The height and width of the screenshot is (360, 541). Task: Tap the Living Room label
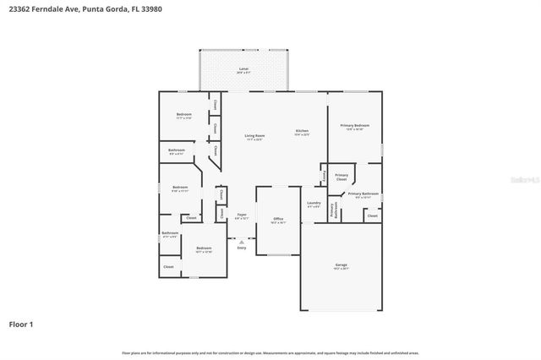point(254,136)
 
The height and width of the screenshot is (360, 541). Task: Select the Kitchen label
point(302,131)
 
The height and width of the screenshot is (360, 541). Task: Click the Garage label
point(341,265)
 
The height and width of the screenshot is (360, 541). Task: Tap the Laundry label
point(313,203)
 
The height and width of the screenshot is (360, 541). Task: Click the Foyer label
point(242,215)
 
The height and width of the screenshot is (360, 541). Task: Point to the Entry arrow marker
point(242,240)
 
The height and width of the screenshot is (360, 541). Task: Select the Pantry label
point(325,177)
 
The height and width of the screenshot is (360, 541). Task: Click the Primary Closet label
point(342,177)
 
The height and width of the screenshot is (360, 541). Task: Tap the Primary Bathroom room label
point(364,194)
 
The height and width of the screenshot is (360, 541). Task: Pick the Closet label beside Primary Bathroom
point(372,216)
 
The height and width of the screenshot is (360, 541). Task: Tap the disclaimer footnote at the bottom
point(270,352)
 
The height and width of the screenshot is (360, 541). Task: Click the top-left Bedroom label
point(183,115)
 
